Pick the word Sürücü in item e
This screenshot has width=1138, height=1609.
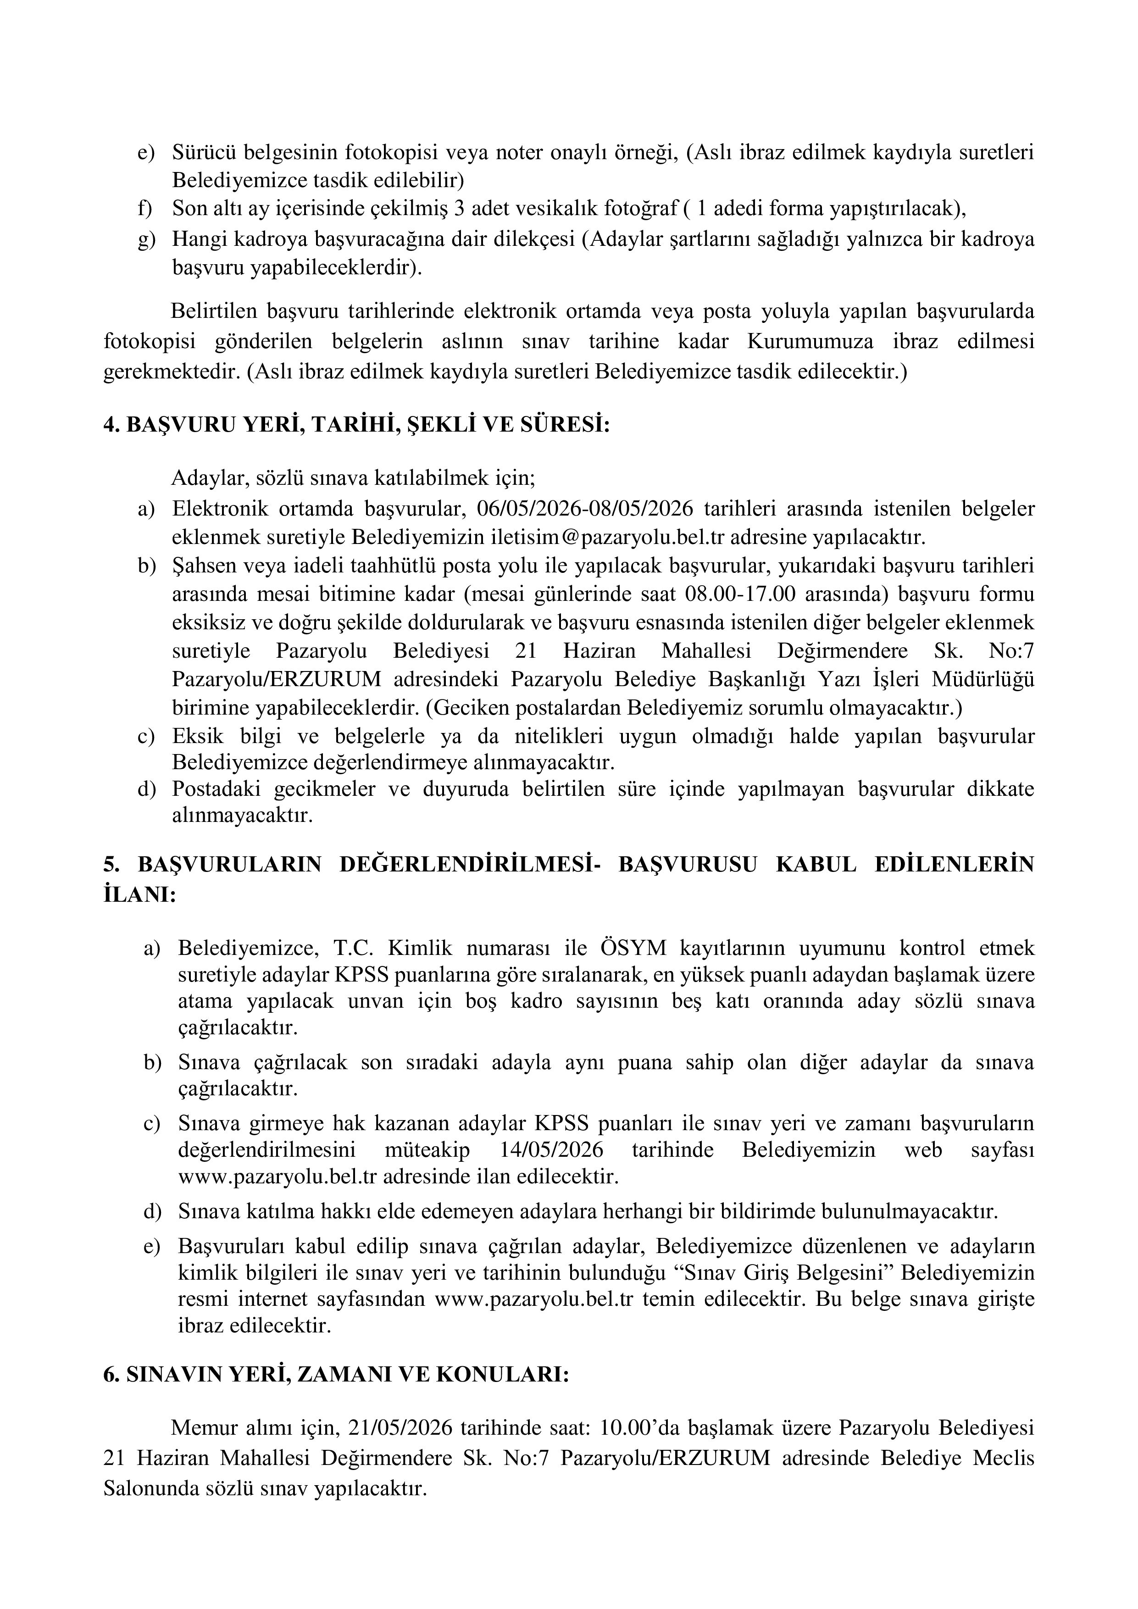pyautogui.click(x=203, y=152)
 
